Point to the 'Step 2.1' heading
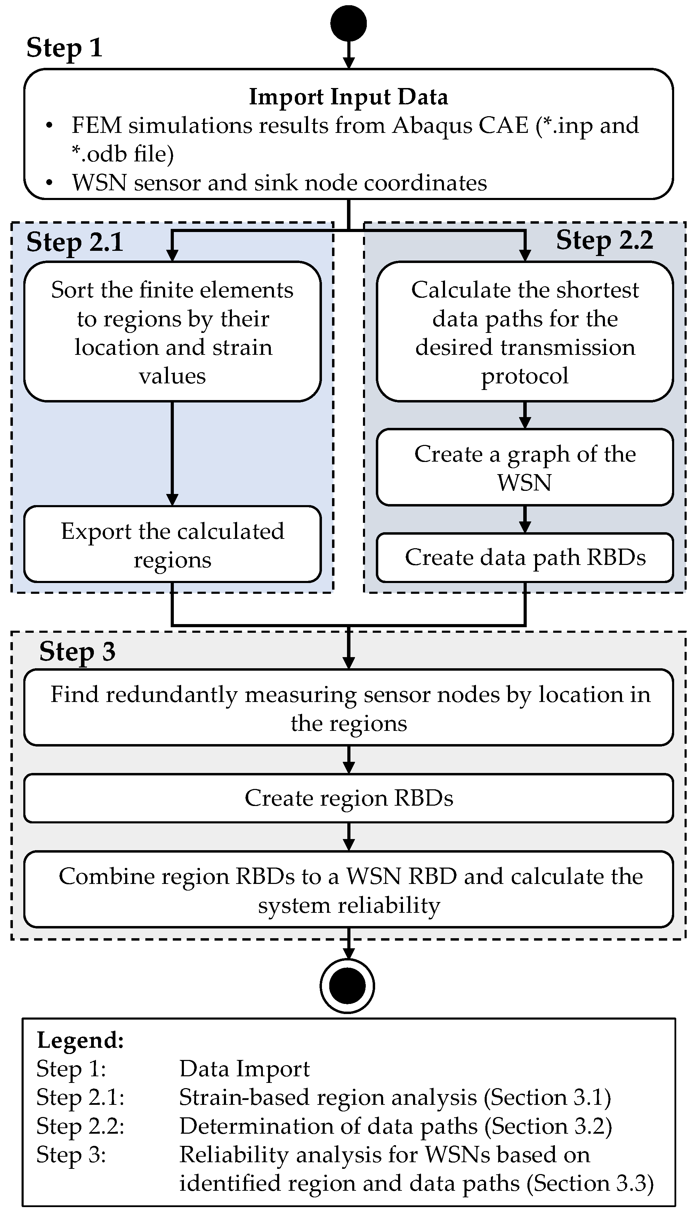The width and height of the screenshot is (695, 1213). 75,242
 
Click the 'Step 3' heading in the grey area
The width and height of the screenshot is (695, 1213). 77,652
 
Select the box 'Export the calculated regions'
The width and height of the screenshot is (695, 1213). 172,544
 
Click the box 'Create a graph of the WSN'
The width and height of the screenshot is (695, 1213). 525,468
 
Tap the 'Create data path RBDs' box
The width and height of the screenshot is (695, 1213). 525,557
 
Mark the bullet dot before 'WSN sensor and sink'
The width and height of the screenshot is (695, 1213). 49,183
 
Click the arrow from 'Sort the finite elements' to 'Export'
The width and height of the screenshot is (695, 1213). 172,454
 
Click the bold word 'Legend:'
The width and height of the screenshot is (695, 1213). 80,1040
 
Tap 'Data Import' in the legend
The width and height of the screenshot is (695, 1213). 244,1069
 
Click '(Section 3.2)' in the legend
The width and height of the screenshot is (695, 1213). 548,1126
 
